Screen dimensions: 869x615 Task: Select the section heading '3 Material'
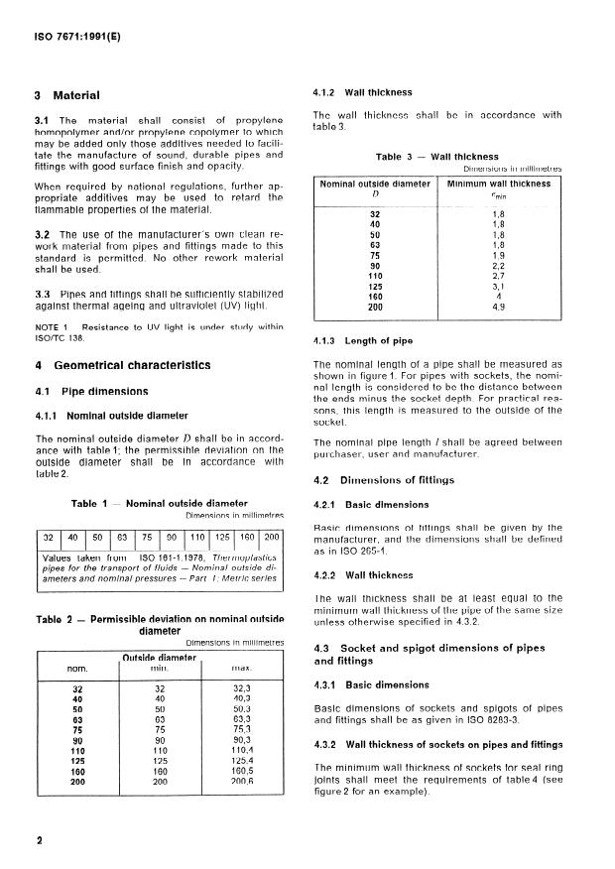[67, 96]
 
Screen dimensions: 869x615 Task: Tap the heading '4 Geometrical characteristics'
[122, 365]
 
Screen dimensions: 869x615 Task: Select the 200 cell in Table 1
[272, 537]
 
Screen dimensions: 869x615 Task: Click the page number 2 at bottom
[38, 840]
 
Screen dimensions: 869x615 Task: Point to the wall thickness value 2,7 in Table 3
[499, 249]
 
